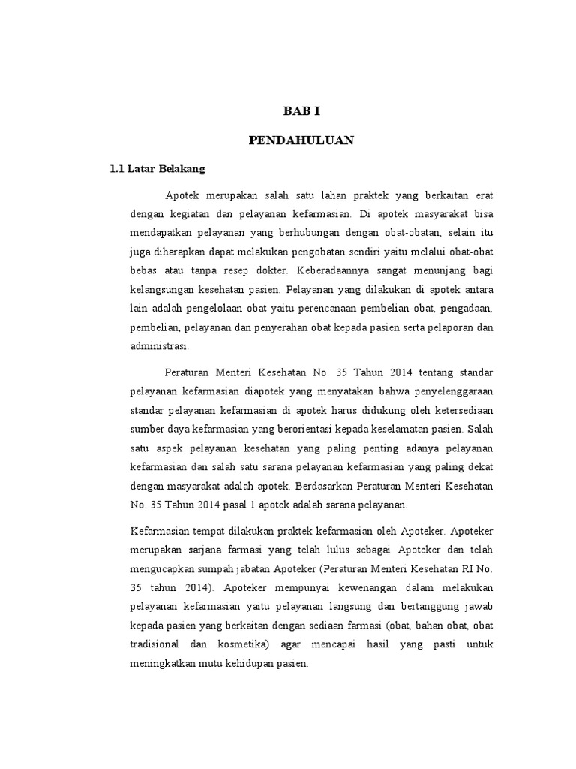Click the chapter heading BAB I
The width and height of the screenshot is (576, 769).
point(301,112)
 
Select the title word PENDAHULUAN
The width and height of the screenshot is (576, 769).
point(301,140)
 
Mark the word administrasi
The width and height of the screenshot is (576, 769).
point(160,346)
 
